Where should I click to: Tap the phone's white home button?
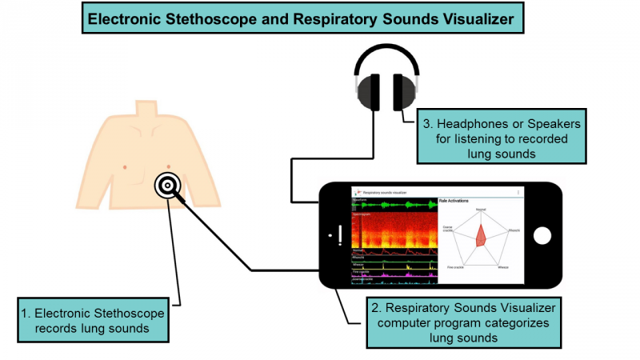(543, 236)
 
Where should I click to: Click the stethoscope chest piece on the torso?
(168, 185)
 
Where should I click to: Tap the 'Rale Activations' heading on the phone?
(454, 200)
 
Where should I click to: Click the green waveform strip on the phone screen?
(395, 206)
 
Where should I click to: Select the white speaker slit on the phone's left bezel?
(341, 235)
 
